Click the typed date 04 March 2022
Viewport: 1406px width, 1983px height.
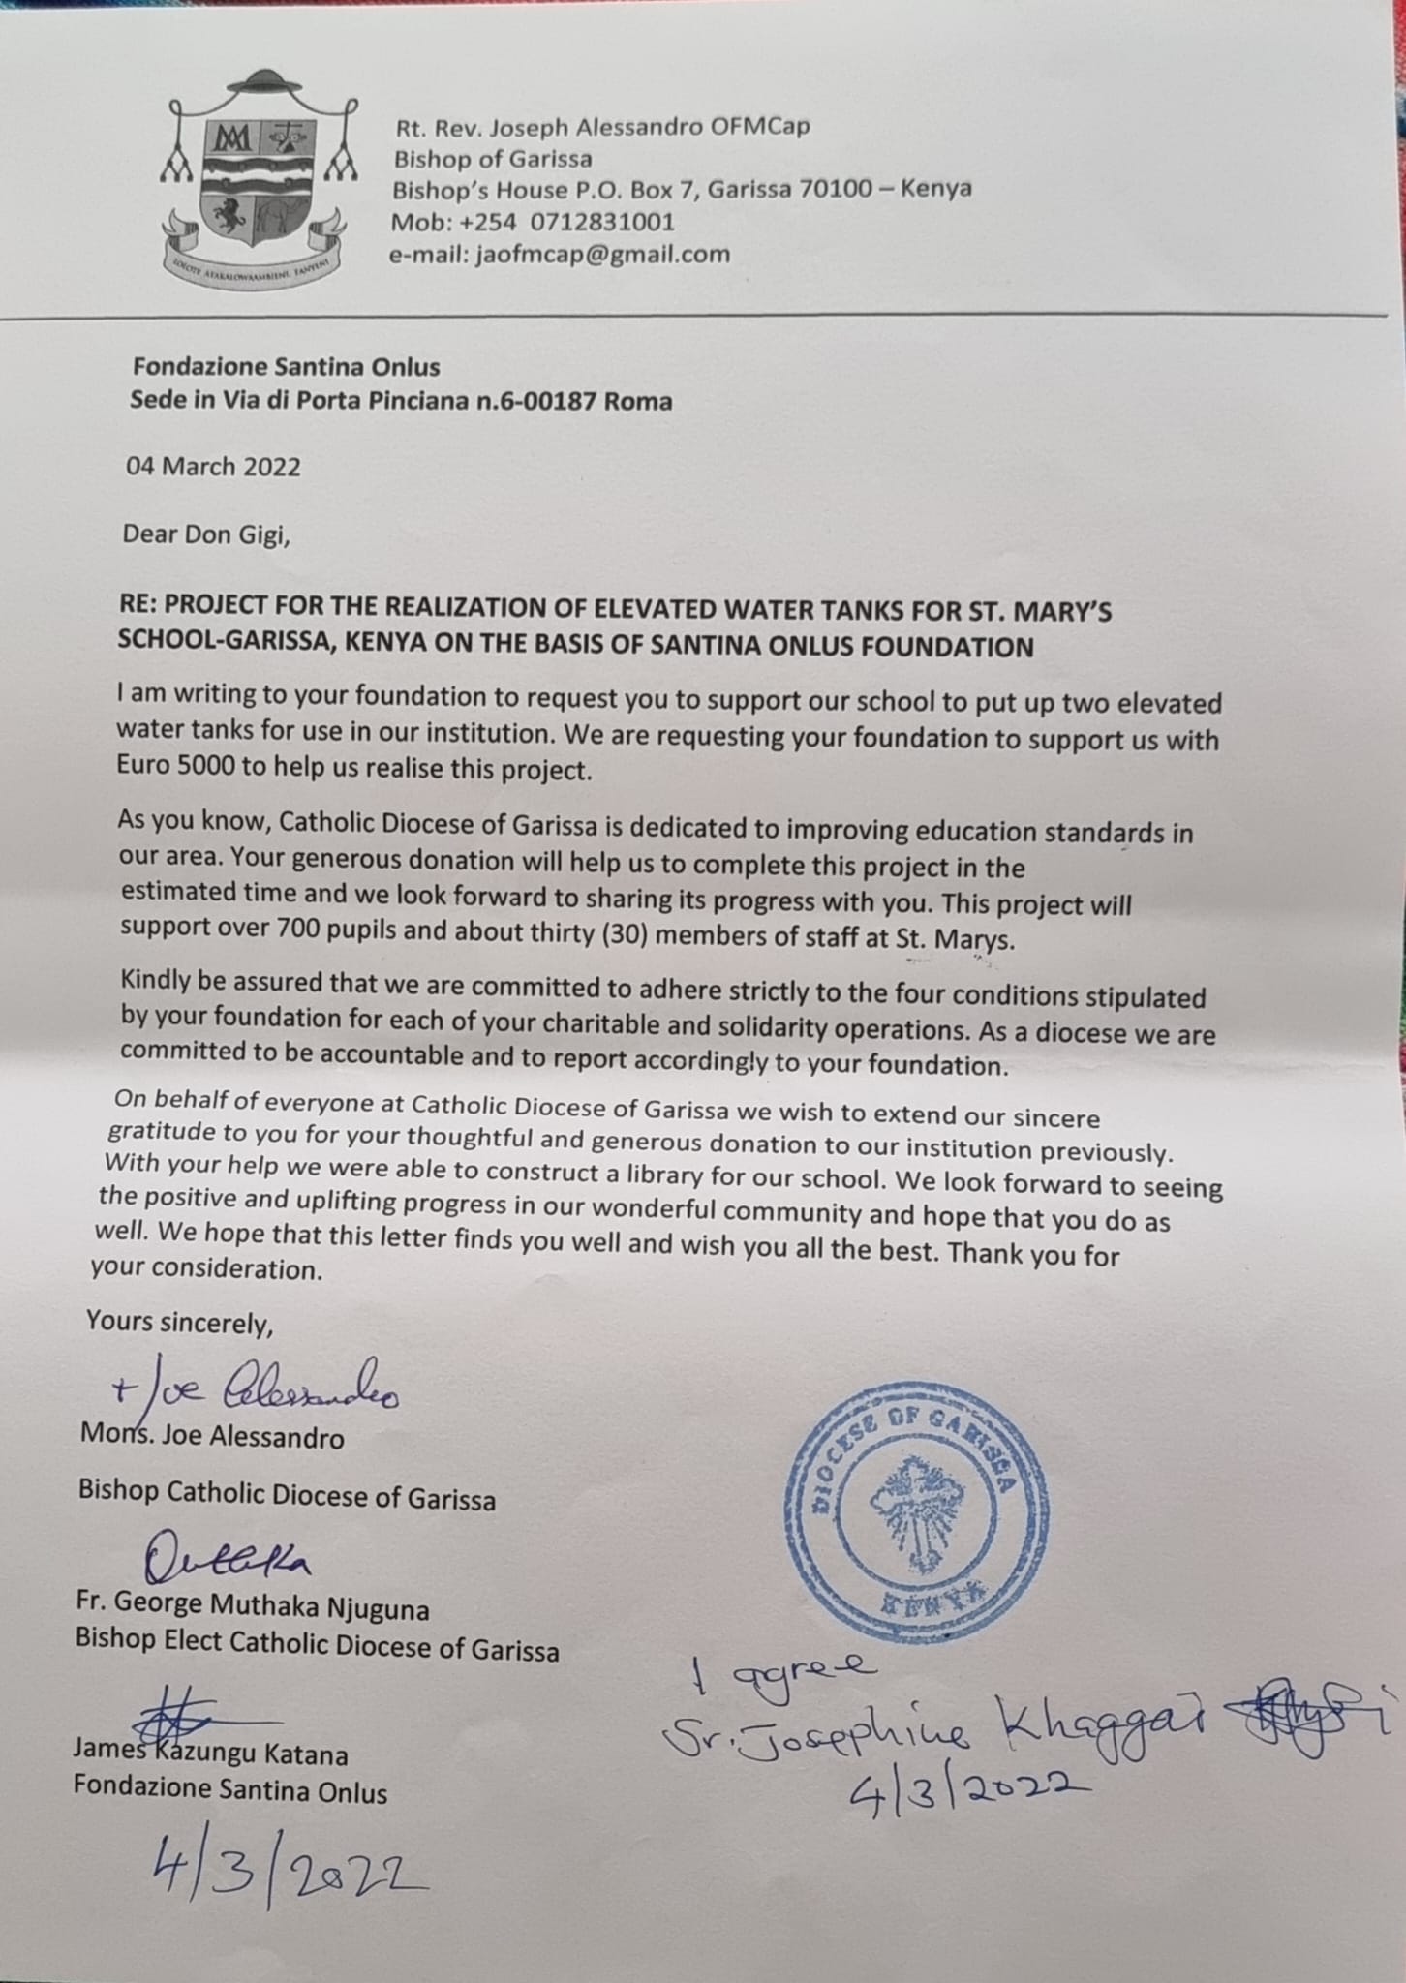coord(213,467)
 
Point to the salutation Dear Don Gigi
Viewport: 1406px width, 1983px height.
coord(206,534)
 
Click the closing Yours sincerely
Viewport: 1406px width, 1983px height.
coord(179,1323)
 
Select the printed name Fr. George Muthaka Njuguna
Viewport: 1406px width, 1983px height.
coord(253,1608)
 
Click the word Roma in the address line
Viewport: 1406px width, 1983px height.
coord(638,401)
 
